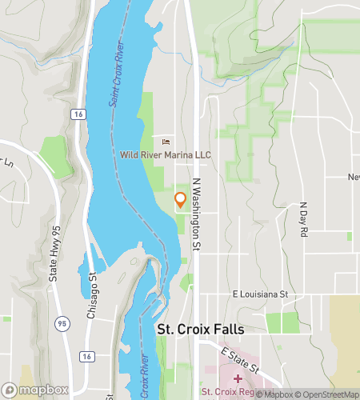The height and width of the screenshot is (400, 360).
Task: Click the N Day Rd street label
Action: click(x=304, y=219)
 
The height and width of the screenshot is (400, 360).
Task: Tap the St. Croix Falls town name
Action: click(x=200, y=330)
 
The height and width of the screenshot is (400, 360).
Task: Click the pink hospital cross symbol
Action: click(x=238, y=377)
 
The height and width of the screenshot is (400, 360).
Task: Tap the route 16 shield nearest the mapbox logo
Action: click(x=87, y=355)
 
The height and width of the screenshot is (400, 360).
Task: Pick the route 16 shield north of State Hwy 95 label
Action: click(x=77, y=115)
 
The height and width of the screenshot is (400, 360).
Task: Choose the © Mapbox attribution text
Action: click(x=277, y=394)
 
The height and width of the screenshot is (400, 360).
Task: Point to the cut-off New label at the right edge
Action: click(x=353, y=177)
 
